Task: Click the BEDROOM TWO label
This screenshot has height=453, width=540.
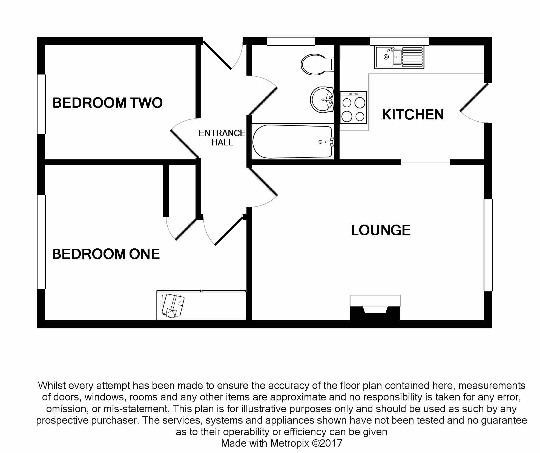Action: click(107, 103)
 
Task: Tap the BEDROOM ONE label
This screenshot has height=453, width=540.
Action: click(106, 254)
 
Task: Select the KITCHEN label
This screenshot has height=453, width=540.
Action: click(413, 114)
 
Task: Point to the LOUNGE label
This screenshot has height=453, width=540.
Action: click(381, 230)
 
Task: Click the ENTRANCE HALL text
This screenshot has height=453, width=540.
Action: click(222, 138)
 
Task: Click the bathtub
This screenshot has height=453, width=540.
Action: click(292, 142)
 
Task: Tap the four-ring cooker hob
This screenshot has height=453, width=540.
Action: click(353, 107)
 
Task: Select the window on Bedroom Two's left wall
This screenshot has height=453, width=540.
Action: click(41, 104)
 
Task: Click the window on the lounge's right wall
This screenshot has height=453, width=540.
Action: click(488, 245)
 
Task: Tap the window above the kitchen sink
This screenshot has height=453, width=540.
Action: click(399, 41)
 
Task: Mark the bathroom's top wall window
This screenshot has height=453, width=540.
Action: click(291, 41)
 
